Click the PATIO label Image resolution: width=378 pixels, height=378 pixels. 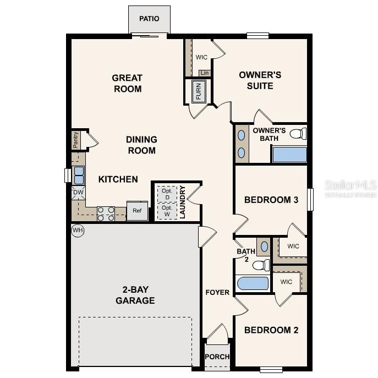point(149,19)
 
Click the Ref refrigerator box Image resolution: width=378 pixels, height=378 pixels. point(137,211)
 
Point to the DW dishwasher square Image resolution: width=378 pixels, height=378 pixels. point(78,193)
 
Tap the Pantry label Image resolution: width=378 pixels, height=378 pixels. point(76,140)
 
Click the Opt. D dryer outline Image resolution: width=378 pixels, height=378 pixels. point(166,194)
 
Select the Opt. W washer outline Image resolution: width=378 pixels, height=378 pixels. point(166,211)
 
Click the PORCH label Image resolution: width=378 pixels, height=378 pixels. point(217,357)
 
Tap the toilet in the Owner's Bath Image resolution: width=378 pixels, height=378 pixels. point(298,134)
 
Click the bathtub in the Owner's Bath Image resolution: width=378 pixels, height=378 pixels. point(289,154)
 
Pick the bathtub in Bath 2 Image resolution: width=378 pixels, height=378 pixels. point(253,284)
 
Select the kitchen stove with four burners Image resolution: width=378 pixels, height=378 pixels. point(105,213)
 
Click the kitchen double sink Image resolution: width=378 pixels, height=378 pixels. point(79,175)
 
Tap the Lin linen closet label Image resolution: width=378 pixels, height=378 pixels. point(205,73)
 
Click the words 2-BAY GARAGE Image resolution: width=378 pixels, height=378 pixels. point(135,295)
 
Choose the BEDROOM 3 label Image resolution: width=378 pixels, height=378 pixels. point(271,200)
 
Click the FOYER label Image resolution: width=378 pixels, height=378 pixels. point(217,292)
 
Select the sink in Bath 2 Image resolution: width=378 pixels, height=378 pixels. point(264,245)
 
